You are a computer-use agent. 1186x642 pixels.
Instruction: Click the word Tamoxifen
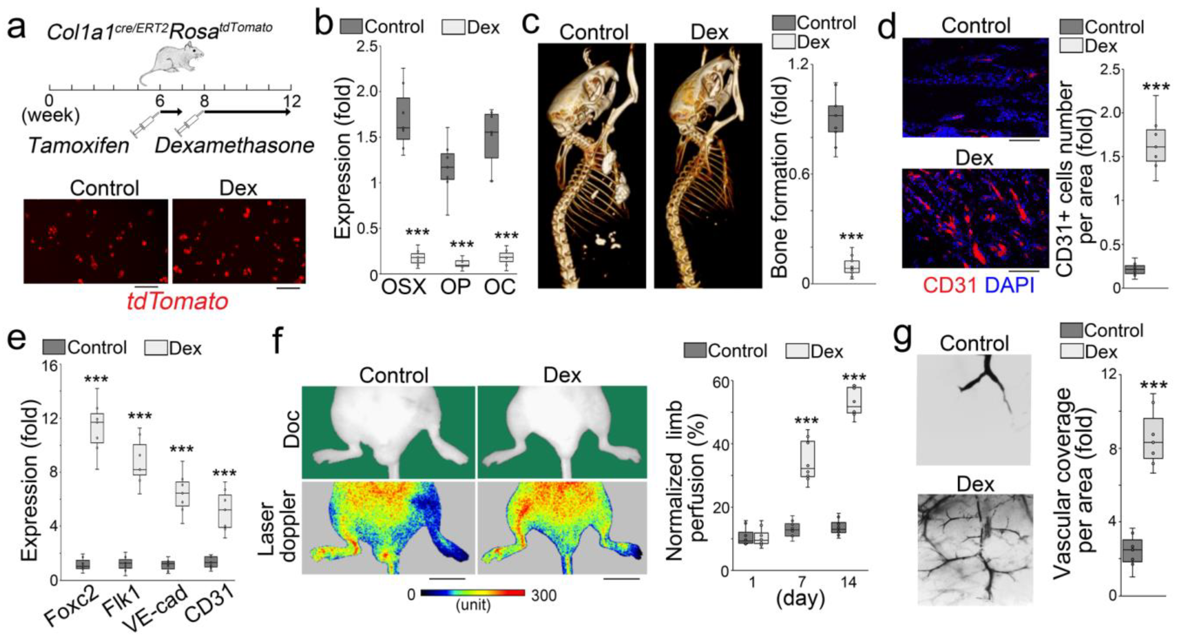[x=79, y=146]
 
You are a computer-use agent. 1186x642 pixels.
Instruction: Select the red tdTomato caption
[x=177, y=302]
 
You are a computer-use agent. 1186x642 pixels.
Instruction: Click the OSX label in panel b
[x=404, y=287]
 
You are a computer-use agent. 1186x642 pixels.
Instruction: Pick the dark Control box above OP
[x=447, y=166]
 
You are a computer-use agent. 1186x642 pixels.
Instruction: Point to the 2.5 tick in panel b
[x=367, y=46]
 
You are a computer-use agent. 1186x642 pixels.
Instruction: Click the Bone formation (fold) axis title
[x=779, y=177]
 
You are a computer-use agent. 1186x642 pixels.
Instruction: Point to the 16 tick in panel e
[x=50, y=366]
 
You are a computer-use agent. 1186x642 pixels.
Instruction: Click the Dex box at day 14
[x=853, y=400]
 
